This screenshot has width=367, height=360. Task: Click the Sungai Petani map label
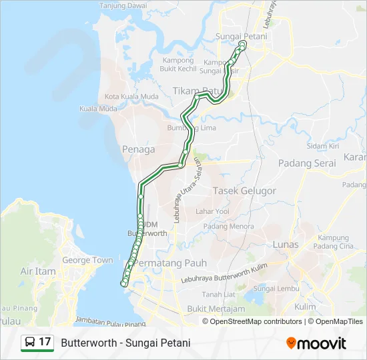pos(241,36)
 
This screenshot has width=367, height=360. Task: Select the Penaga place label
pos(139,149)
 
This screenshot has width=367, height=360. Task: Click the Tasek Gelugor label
pos(244,191)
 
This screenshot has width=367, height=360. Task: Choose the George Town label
pos(87,260)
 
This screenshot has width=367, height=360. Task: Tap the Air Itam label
pos(39,271)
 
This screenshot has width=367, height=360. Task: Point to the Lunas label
pos(286,245)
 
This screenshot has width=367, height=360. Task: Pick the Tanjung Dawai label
pos(123,5)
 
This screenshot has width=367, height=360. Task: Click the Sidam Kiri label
pos(323,146)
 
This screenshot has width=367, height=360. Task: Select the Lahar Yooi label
pos(212,211)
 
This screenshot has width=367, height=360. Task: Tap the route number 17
pos(45,342)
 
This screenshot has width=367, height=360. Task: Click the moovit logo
pos(316,343)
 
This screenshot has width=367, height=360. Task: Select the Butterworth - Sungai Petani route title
pos(125,343)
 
